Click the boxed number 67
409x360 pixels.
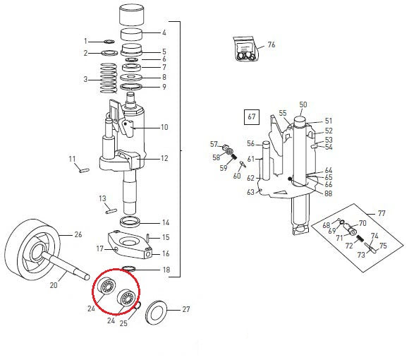(252, 116)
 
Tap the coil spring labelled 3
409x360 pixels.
(109, 78)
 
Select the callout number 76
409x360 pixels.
(271, 44)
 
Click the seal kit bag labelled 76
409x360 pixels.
(245, 49)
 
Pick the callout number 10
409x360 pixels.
(164, 127)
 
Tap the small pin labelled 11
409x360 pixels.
(84, 170)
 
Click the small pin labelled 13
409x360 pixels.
(111, 210)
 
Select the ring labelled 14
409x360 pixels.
(130, 222)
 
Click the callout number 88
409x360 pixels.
(328, 193)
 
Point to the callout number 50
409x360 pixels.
(303, 104)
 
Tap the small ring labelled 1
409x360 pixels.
(109, 41)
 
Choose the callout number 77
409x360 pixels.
(381, 214)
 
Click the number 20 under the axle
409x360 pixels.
(54, 285)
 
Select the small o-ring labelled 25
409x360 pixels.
(138, 305)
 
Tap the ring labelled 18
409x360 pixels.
(129, 268)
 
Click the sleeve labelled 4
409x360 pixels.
(131, 34)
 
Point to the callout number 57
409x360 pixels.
(214, 144)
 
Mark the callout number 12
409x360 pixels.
(164, 158)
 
